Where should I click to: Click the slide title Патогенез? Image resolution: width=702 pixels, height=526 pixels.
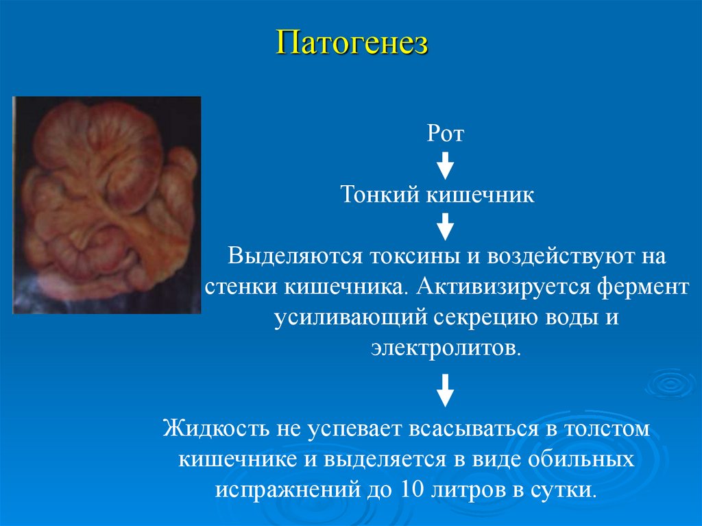(352, 43)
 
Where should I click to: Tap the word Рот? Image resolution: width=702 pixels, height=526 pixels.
(446, 133)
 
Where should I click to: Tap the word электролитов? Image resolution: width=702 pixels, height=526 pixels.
(446, 347)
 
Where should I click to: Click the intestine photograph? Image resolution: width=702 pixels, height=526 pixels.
(107, 204)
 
